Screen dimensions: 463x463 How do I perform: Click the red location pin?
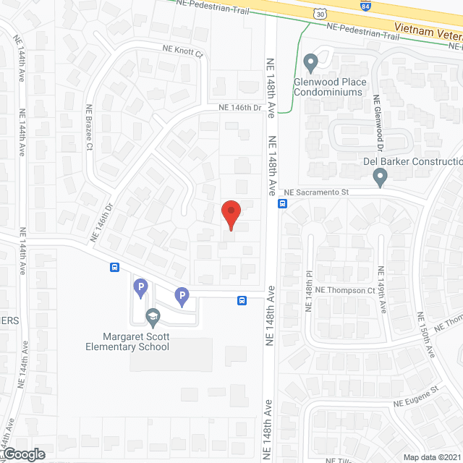[231, 214]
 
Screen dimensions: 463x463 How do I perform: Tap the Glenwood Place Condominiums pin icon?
[311, 63]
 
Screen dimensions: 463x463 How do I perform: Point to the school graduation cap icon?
[153, 316]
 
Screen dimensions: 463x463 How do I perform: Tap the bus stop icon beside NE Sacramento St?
[283, 204]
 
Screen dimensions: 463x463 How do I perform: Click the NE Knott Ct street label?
[182, 52]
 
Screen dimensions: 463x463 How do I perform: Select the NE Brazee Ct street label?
[90, 126]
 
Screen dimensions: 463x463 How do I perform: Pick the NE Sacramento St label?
[317, 192]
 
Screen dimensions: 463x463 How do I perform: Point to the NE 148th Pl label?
[308, 297]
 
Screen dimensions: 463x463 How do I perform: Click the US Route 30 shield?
[320, 13]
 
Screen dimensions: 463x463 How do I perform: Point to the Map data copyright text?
[432, 457]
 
